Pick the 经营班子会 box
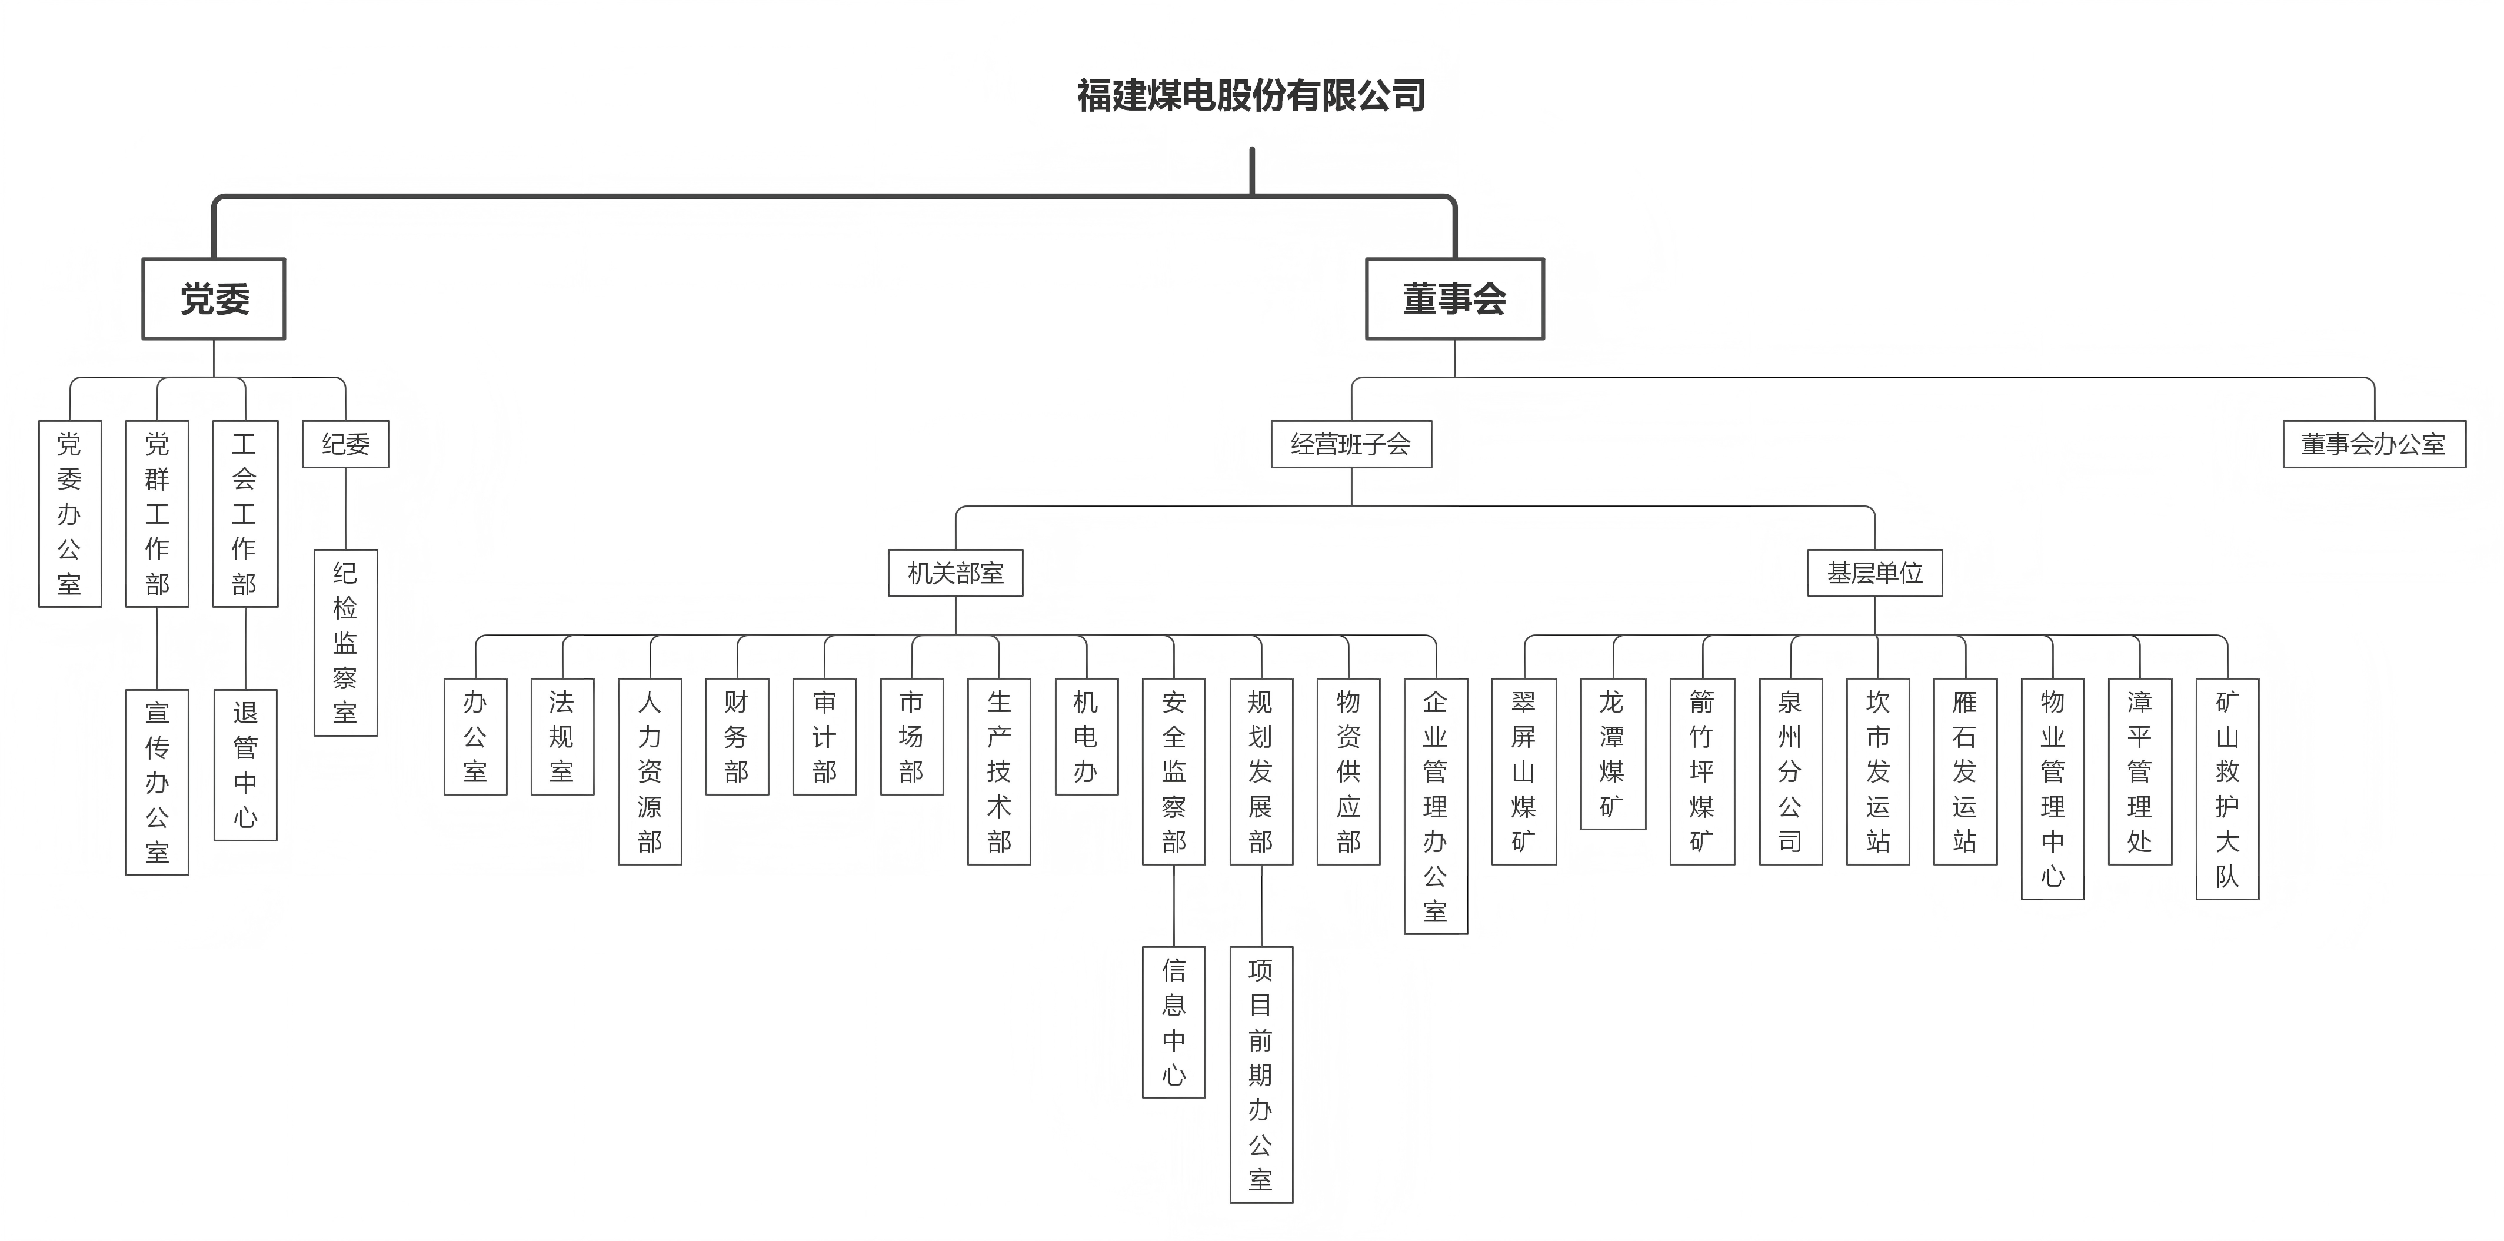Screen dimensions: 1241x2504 point(1351,444)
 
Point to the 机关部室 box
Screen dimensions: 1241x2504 point(955,573)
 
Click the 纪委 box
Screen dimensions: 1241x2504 point(345,444)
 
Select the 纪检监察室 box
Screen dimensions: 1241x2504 point(345,643)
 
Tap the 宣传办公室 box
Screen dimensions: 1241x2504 point(158,782)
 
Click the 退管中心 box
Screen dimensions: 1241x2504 point(245,765)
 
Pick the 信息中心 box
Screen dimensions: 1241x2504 point(1173,1022)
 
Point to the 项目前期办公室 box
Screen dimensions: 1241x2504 point(1261,1075)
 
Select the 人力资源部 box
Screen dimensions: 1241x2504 point(650,771)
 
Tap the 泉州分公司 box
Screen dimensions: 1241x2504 point(1790,771)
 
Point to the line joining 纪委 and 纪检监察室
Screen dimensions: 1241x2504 point(345,508)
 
